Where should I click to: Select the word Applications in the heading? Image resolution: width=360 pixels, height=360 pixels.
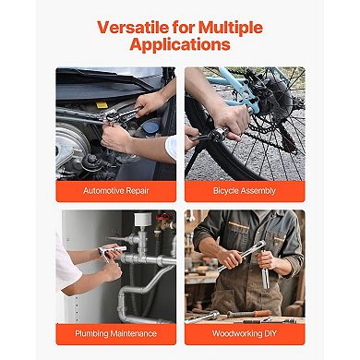pyautogui.click(x=180, y=45)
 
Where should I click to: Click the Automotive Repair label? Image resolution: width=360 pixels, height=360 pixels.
pyautogui.click(x=115, y=190)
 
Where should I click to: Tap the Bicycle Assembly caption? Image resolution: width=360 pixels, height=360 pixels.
pyautogui.click(x=244, y=190)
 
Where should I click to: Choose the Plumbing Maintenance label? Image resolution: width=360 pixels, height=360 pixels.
pyautogui.click(x=115, y=332)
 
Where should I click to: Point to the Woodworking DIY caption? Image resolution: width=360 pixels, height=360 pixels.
pyautogui.click(x=244, y=332)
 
